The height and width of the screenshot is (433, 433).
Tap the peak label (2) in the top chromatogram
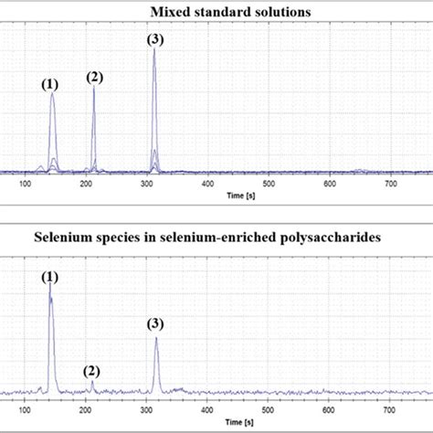95,78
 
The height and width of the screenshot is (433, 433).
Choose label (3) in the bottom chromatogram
157,324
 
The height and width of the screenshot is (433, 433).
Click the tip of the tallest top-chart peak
153,49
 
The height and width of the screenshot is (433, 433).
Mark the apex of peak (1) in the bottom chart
49,285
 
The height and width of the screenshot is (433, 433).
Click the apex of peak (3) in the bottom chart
157,338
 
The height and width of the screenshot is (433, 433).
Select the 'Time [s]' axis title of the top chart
240,195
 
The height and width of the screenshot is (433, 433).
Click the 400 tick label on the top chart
207,185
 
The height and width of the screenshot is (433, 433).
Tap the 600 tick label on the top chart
328,185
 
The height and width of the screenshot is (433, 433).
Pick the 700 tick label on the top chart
389,185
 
